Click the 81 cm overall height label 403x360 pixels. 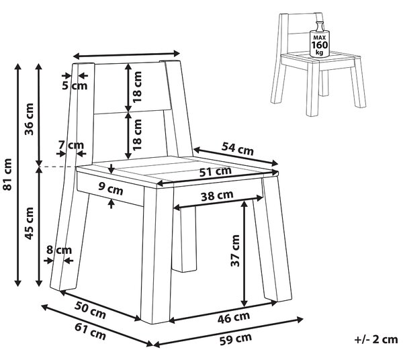click(x=7, y=174)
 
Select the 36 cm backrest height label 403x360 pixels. click(x=29, y=120)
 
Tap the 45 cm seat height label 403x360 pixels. click(x=29, y=223)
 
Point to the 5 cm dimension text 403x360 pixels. click(x=75, y=85)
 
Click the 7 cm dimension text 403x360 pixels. click(x=71, y=145)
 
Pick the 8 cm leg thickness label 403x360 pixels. click(x=59, y=250)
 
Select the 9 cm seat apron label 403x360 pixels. click(x=111, y=189)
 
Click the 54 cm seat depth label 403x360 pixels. click(x=238, y=149)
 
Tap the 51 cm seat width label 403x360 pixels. click(x=216, y=172)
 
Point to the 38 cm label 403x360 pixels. click(x=217, y=196)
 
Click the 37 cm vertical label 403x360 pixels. click(x=235, y=251)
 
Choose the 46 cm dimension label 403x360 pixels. click(x=233, y=318)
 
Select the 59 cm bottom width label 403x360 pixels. click(x=236, y=339)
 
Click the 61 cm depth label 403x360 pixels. click(x=90, y=332)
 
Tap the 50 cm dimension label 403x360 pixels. click(x=90, y=310)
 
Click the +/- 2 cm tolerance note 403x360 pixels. click(x=376, y=340)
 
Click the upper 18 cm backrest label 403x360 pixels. click(x=137, y=87)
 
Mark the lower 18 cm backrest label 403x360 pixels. click(x=137, y=134)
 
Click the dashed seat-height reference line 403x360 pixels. click(x=58, y=167)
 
